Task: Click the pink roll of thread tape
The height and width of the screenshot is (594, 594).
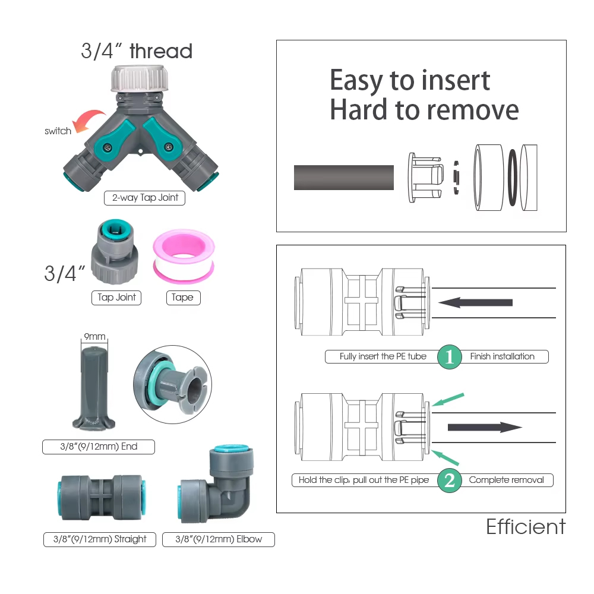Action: click(x=184, y=256)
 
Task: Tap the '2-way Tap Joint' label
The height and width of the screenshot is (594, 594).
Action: click(x=145, y=198)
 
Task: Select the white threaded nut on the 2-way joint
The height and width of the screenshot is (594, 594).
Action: click(x=140, y=79)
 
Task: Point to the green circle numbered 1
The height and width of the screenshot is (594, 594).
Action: click(x=449, y=356)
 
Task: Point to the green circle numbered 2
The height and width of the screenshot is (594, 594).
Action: click(x=449, y=481)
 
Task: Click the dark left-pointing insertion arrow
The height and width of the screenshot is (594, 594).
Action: click(x=475, y=303)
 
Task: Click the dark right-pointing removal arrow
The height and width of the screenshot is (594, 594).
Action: click(x=485, y=427)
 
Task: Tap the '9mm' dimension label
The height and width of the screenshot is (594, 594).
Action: click(x=94, y=336)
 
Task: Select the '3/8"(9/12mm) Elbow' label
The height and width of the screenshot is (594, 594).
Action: click(x=219, y=539)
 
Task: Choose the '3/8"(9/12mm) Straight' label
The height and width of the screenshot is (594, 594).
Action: click(x=100, y=539)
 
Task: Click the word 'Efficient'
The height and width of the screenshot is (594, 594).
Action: click(x=526, y=526)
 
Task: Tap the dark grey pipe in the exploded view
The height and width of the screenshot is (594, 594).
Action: click(x=344, y=177)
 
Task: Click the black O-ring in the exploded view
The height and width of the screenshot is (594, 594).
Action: click(x=513, y=177)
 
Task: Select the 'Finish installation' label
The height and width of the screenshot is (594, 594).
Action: click(x=503, y=356)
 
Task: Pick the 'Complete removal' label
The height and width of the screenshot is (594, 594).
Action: click(x=506, y=480)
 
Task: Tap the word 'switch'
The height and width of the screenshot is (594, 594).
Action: click(x=58, y=131)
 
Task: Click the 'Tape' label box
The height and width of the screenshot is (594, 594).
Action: click(x=184, y=298)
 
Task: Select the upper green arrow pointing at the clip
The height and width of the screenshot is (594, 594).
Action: click(x=448, y=400)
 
